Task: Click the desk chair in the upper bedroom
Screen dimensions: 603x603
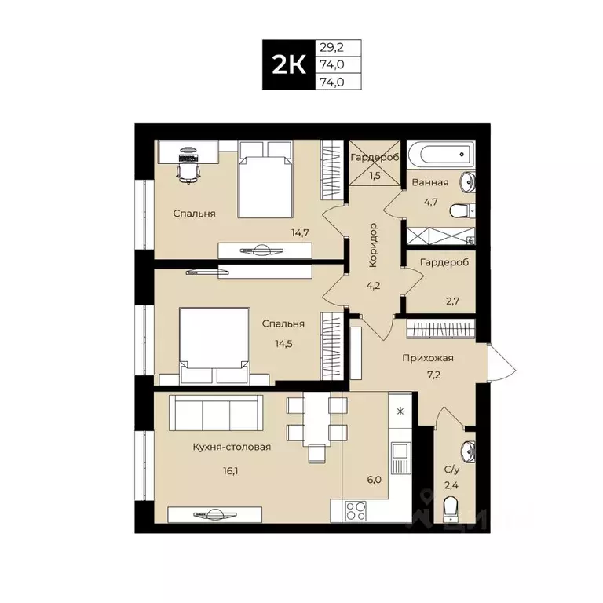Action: click(188, 167)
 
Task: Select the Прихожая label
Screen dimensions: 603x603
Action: click(428, 358)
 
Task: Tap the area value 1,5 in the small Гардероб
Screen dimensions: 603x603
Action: click(375, 175)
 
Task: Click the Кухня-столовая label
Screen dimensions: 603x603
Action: click(232, 447)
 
